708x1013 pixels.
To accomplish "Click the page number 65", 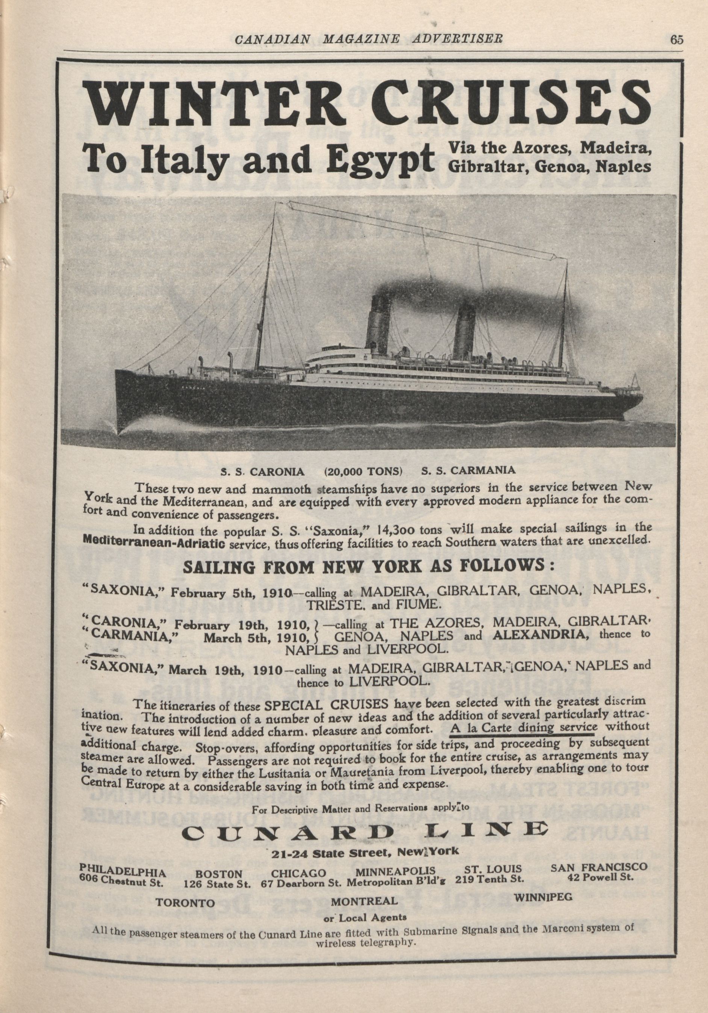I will (x=676, y=40).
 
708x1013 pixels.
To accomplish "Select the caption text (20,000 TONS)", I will (x=363, y=470).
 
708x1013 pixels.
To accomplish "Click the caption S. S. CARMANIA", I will (x=468, y=470).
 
